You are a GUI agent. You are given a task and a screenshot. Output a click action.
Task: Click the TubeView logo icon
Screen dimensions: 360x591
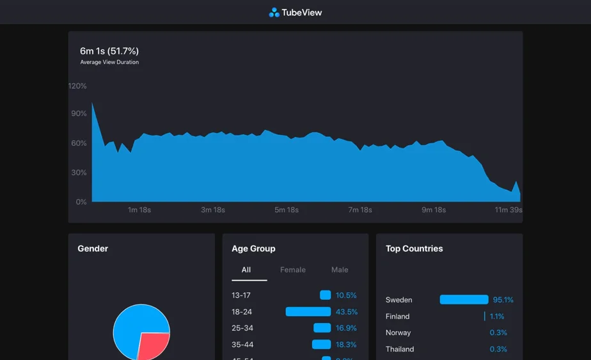(274, 12)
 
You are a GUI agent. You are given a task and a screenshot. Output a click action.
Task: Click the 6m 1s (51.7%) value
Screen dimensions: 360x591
(109, 51)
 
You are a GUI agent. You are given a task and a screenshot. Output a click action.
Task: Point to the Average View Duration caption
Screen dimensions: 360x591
(109, 63)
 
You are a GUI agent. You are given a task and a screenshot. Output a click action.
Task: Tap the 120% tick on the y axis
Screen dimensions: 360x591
(77, 86)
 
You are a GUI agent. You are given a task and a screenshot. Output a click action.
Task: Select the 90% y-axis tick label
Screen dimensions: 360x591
(79, 114)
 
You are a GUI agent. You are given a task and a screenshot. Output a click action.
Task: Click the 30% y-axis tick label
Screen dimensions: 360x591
(79, 173)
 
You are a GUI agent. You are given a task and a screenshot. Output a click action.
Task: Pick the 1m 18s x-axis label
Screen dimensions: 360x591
(139, 210)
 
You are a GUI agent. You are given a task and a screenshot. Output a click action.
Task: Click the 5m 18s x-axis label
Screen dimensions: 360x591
(287, 210)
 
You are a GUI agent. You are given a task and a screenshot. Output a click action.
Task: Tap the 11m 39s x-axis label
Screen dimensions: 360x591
(508, 210)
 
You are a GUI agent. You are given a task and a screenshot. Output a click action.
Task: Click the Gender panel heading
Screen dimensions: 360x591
(93, 249)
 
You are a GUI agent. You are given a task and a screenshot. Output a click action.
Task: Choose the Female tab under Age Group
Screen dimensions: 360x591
(293, 270)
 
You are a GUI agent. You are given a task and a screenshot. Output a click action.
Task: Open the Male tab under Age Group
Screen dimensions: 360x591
(340, 270)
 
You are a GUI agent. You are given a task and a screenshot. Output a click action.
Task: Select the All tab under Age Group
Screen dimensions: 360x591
(246, 270)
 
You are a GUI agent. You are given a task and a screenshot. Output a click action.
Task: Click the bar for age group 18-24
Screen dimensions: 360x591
(308, 311)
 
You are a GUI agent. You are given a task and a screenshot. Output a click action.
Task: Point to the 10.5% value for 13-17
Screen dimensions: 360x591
(346, 295)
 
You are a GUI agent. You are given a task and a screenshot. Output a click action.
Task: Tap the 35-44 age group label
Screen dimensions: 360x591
(242, 345)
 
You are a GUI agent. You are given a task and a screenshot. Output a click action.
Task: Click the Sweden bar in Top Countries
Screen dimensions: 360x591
(464, 300)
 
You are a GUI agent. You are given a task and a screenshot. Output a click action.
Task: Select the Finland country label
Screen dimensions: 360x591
(397, 317)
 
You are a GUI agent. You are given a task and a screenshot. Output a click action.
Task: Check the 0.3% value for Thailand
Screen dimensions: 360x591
(498, 349)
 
